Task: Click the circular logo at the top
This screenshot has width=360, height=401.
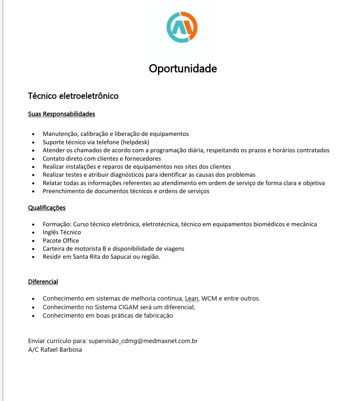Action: click(182, 27)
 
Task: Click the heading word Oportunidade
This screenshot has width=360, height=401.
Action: click(183, 69)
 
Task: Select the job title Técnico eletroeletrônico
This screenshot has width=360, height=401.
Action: click(73, 96)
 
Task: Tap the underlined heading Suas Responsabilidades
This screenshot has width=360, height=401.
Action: click(62, 114)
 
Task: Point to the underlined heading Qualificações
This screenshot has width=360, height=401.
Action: click(47, 208)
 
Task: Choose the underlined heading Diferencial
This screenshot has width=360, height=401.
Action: click(43, 282)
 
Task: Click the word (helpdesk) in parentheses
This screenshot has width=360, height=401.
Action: click(135, 142)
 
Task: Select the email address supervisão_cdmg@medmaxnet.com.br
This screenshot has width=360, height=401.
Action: click(143, 341)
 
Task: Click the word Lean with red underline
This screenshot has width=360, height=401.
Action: click(192, 299)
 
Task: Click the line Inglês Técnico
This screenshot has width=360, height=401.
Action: click(62, 232)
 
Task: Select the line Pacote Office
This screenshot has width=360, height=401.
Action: click(61, 241)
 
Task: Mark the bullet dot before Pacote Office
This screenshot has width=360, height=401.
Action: click(33, 241)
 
